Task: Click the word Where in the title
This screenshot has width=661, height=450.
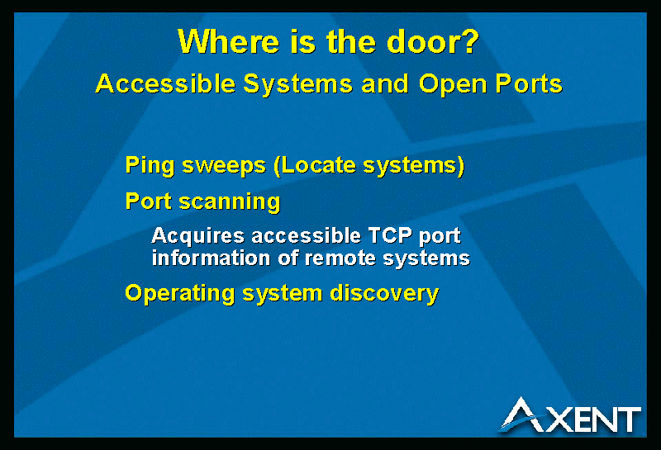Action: (229, 41)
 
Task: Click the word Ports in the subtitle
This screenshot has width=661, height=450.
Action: (529, 83)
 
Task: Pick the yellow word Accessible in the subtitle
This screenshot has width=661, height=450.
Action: (165, 83)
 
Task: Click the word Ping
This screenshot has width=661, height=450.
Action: (150, 166)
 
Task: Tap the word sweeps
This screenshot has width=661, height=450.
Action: (224, 167)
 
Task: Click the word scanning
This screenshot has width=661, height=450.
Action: (230, 202)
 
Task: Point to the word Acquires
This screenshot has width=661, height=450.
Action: (197, 236)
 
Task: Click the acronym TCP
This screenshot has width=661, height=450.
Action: (390, 235)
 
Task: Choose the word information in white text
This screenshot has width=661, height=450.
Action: (211, 258)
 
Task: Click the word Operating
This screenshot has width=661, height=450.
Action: (179, 294)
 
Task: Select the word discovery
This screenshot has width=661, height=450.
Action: (384, 294)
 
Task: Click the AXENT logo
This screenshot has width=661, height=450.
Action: (570, 415)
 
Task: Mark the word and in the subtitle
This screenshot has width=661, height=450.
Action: (385, 83)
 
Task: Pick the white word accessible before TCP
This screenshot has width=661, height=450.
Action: (306, 235)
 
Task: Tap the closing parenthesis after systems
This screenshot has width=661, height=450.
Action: (460, 165)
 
